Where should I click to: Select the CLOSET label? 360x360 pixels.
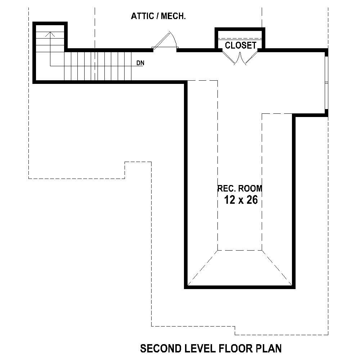(x=240, y=45)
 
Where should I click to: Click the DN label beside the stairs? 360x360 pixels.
(x=140, y=63)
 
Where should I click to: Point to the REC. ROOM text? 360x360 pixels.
(x=240, y=188)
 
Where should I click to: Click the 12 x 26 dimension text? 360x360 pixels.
(x=241, y=200)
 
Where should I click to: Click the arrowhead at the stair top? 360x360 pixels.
(x=50, y=34)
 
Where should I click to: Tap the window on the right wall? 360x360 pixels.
(x=326, y=83)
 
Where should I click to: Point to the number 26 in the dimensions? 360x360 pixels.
(x=252, y=200)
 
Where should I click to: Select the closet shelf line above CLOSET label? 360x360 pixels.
(x=240, y=38)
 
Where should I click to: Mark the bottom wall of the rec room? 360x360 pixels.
(x=240, y=287)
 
